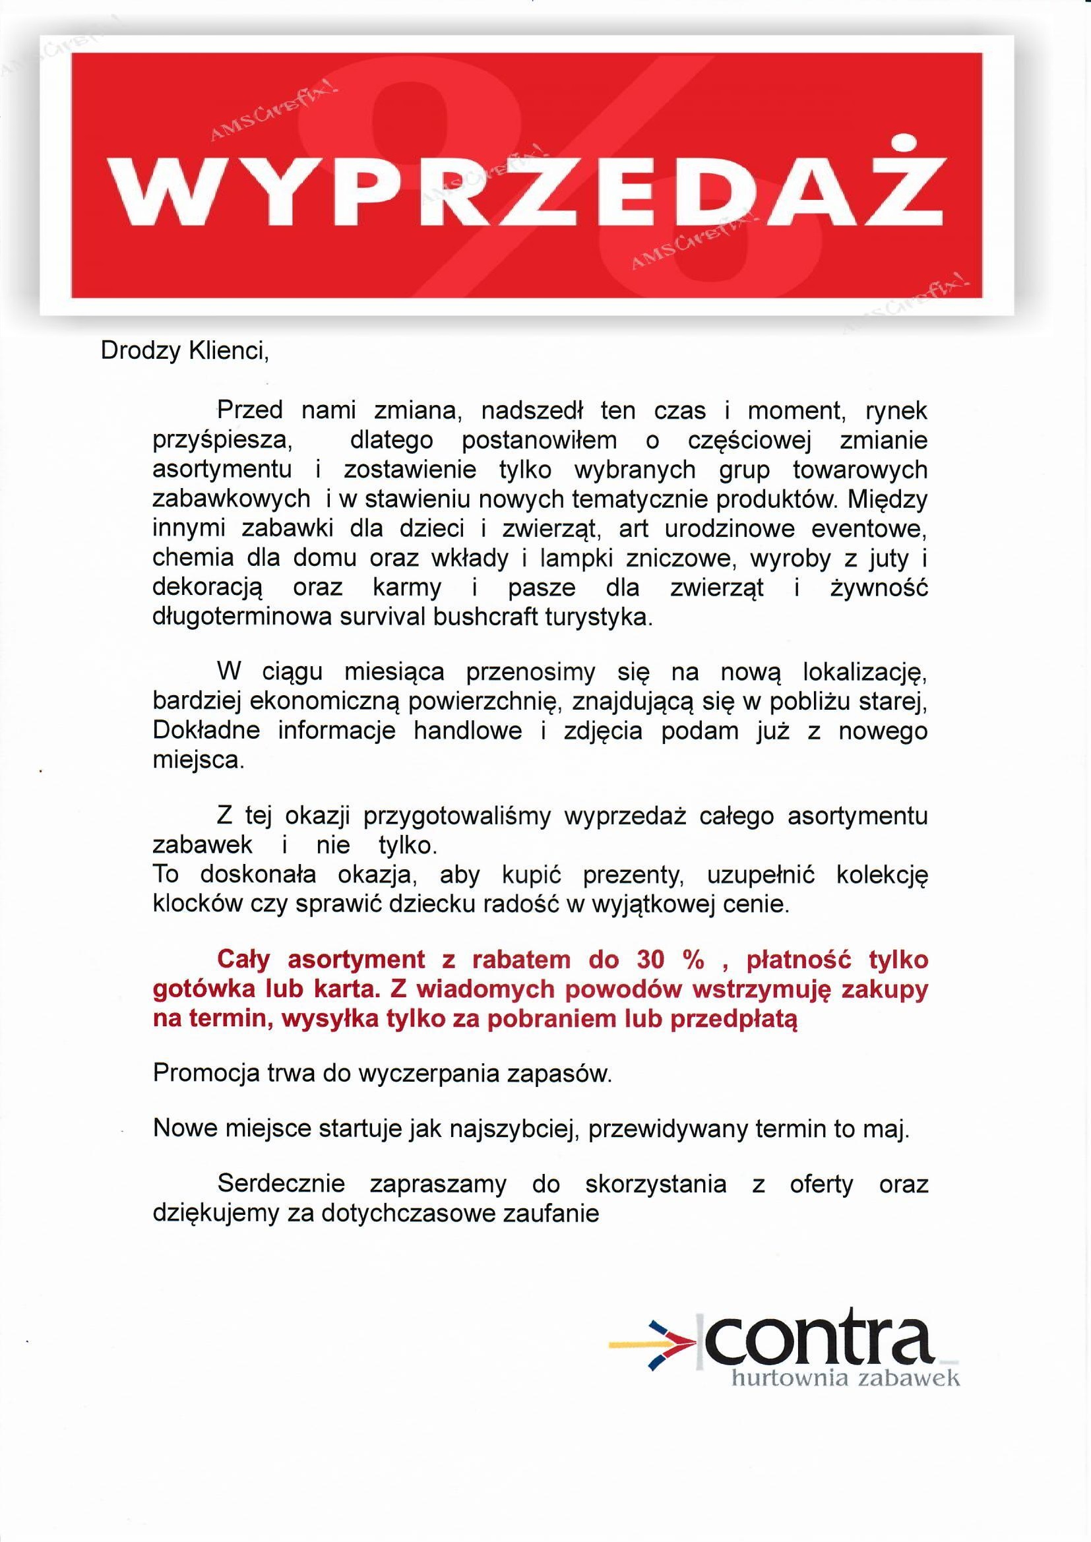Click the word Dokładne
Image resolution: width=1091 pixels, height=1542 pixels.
tap(206, 731)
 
